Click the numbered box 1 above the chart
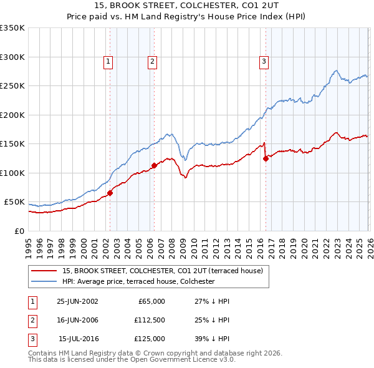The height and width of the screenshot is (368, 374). (x=108, y=61)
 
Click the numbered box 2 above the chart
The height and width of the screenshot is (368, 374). (x=152, y=61)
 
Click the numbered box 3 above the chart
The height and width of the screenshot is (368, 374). (x=264, y=61)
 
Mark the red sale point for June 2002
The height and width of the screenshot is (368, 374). (x=110, y=193)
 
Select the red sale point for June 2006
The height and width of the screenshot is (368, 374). (x=154, y=166)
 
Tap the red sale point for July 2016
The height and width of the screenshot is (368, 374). (x=266, y=158)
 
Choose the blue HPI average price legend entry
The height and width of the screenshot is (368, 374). (x=138, y=282)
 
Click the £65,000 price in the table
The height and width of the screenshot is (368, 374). (x=150, y=301)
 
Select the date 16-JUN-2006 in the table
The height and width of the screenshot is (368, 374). (x=77, y=320)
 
